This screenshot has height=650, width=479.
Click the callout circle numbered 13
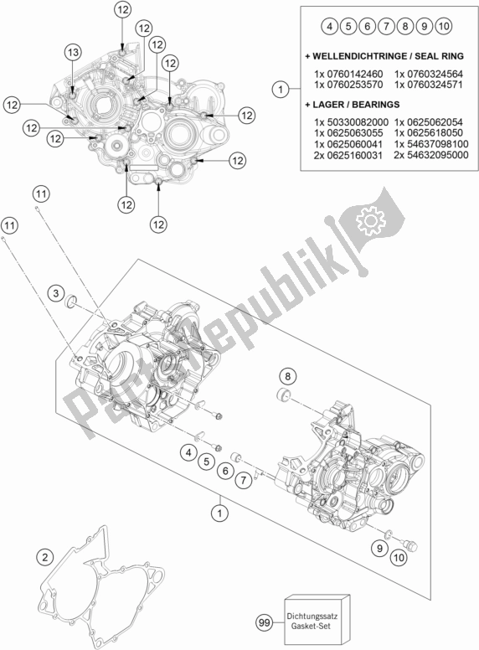pos(73,52)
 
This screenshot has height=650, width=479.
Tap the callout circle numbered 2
pos(44,557)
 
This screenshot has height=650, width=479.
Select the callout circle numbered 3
pos(55,294)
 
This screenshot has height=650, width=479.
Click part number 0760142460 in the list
pos(348,75)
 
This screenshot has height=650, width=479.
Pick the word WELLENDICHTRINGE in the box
pos(351,56)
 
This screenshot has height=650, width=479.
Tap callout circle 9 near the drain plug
pos(379,549)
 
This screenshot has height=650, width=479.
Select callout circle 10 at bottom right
pos(399,558)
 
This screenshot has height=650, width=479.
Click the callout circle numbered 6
pos(225,471)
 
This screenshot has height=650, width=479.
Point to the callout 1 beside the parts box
pos(281,89)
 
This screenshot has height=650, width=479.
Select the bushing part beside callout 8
pos(283,395)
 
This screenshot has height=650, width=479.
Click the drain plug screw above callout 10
pos(411,546)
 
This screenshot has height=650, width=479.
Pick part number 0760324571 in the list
pos(429,85)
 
